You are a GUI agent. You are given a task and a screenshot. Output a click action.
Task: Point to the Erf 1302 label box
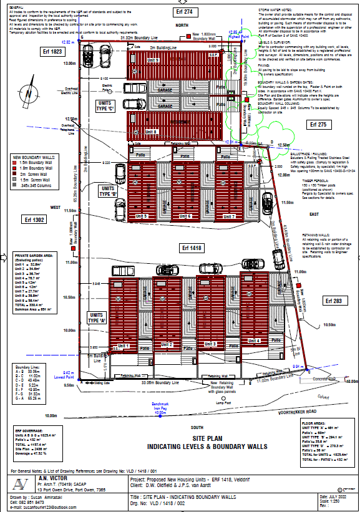(x=35, y=220)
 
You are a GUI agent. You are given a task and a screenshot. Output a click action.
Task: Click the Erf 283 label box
(x=336, y=301)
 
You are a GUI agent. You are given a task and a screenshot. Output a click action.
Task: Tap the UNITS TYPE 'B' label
(x=108, y=190)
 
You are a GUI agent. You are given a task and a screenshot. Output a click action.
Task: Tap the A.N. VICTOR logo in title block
(x=22, y=485)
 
